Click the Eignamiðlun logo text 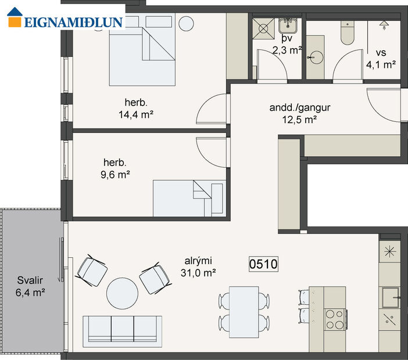[x=73, y=22]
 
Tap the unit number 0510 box [x=263, y=264]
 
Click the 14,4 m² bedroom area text [x=135, y=114]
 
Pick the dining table [x=244, y=312]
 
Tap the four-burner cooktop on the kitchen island [x=335, y=318]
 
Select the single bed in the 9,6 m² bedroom [x=188, y=197]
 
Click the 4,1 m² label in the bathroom [x=381, y=64]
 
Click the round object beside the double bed [x=186, y=24]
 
